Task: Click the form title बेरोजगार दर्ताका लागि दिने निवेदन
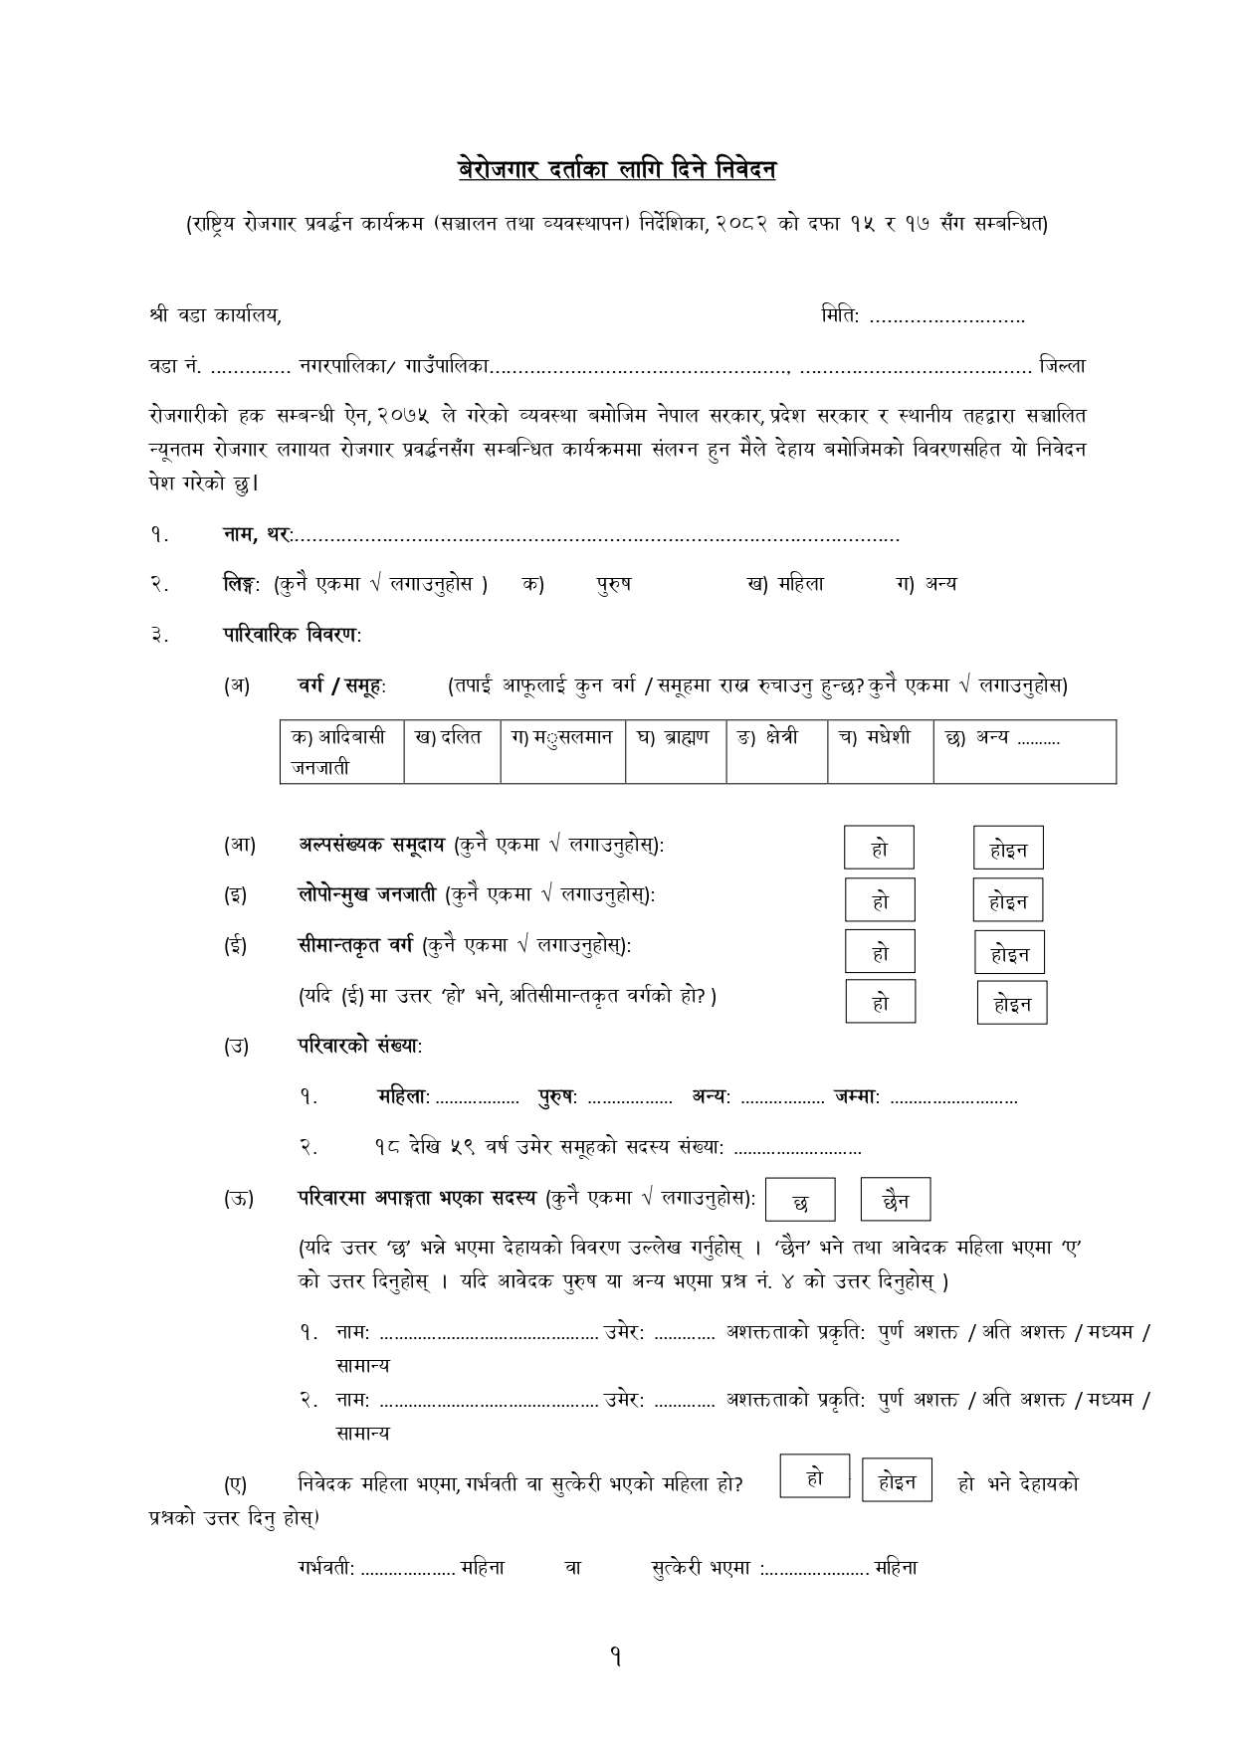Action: coord(616,170)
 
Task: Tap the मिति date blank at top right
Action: coord(946,318)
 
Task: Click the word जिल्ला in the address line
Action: coord(1062,366)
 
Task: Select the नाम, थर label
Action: coord(257,535)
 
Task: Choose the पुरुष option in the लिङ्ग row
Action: coord(613,584)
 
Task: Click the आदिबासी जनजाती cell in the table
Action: coord(341,751)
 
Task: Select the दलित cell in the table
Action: coord(451,737)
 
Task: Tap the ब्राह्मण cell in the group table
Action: coord(675,737)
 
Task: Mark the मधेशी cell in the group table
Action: coord(879,737)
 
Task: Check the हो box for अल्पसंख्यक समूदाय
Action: coord(879,849)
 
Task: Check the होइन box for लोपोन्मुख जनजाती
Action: coord(1008,900)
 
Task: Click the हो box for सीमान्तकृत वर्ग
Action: coord(880,952)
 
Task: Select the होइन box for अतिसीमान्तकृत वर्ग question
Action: coord(1012,1003)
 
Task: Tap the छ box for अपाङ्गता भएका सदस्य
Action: coord(800,1202)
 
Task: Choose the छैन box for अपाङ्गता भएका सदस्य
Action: coord(896,1201)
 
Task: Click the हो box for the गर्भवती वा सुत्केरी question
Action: coord(815,1478)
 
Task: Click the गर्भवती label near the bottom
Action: coord(325,1568)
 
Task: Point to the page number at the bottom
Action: coord(617,1657)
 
